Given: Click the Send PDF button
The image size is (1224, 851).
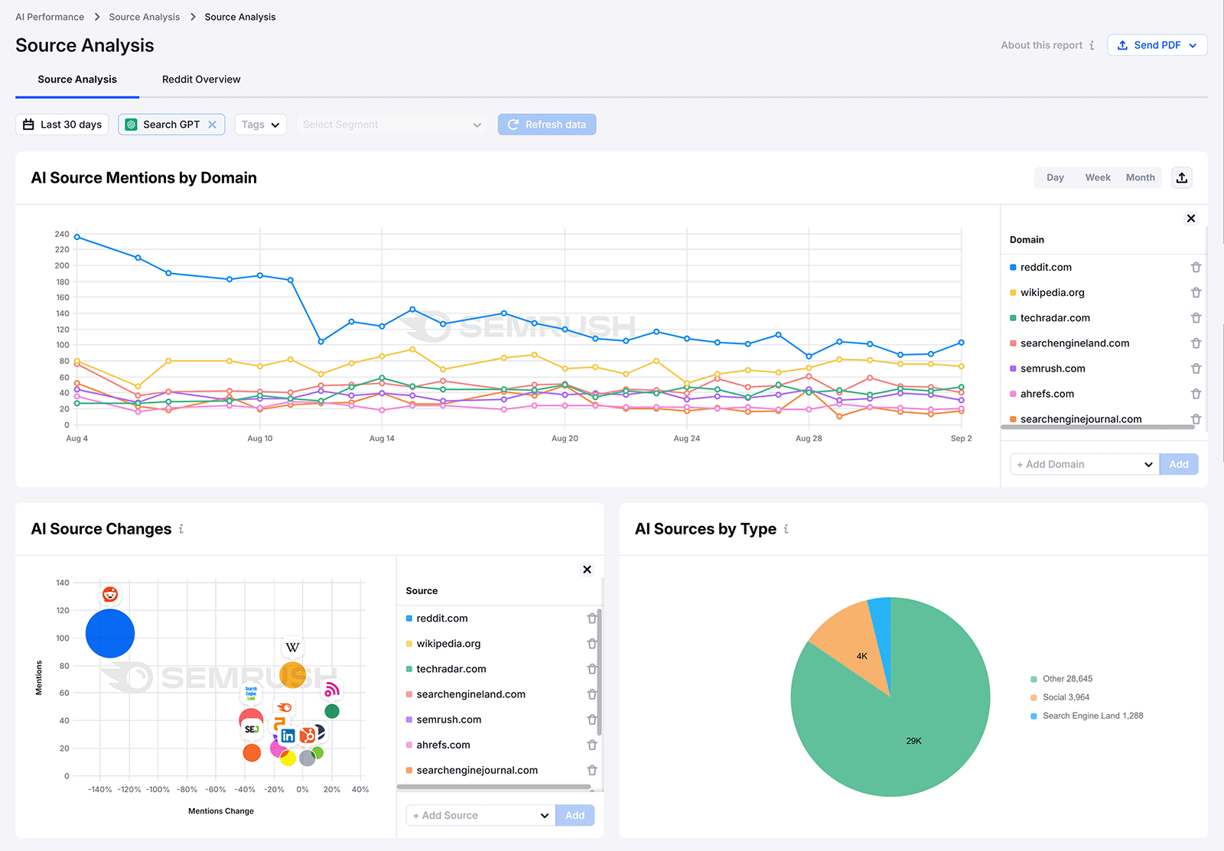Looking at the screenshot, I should coord(1157,45).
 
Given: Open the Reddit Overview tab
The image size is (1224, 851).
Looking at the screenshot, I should coord(201,80).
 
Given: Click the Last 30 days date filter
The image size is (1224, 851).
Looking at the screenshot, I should coord(62,125).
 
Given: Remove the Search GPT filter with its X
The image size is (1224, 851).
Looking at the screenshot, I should coord(213,125).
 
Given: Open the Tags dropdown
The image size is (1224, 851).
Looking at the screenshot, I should coord(260,125).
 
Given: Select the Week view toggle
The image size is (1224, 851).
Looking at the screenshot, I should coord(1097,177).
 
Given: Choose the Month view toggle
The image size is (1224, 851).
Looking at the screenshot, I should coord(1140,177).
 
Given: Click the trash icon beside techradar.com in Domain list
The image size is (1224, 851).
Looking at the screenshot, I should coord(1196,318).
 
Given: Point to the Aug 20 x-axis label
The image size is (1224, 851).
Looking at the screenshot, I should coord(565,438).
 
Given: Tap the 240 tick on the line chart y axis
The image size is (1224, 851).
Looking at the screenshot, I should coord(62,234).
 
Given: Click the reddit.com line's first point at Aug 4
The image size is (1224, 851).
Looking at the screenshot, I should coord(77,237).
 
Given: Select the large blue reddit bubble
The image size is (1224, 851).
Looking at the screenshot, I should coord(110,633).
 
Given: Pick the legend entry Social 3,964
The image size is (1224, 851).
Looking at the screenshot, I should coord(1066,697).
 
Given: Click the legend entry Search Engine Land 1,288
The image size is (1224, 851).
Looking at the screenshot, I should coord(1092,716).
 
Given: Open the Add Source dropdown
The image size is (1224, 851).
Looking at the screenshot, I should coord(480,816).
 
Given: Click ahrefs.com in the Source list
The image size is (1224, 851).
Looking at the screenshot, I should coord(443,745).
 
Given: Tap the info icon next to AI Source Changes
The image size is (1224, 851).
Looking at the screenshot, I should coord(181,529).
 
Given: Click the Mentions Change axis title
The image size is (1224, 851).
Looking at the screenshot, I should coord(221,811).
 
